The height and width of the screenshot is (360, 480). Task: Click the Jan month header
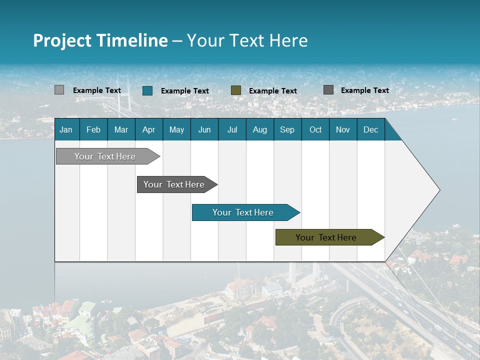click(66, 129)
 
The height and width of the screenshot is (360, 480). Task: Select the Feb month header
click(93, 129)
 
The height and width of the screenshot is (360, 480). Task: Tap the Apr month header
click(149, 129)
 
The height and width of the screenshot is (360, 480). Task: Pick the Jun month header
click(204, 129)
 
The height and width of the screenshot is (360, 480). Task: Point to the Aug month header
click(260, 129)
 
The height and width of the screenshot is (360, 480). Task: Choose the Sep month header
click(287, 129)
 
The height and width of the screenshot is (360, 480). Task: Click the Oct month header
click(315, 129)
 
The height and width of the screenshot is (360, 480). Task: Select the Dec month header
click(371, 129)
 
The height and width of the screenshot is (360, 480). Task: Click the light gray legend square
click(59, 90)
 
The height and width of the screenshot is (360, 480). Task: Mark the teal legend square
click(147, 90)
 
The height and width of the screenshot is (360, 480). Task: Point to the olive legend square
click(236, 90)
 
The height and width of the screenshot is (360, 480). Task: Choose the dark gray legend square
click(328, 90)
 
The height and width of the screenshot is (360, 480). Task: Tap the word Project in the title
click(62, 40)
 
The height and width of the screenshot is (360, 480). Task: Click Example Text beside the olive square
click(273, 91)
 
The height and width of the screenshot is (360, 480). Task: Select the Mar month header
click(121, 129)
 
